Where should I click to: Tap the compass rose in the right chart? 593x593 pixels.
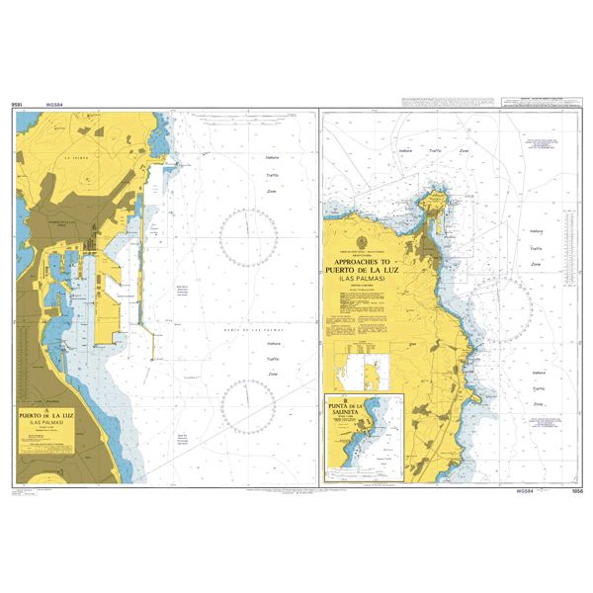(500, 308)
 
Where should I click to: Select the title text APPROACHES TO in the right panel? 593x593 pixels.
(368, 264)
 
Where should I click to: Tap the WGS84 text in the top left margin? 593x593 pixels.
(41, 103)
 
